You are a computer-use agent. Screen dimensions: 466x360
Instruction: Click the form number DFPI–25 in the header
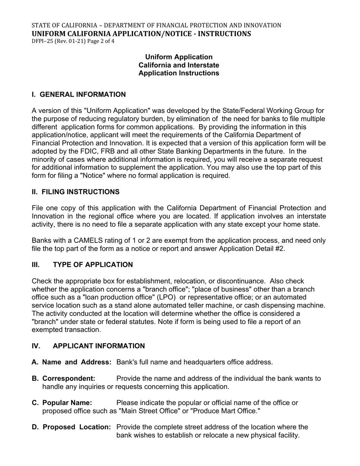tap(42, 41)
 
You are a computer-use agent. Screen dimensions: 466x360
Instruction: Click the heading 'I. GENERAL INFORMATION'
tap(79, 94)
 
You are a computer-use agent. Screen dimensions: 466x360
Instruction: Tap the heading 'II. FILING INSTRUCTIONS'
tap(75, 192)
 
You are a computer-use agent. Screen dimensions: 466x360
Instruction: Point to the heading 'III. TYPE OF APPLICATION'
tap(82, 264)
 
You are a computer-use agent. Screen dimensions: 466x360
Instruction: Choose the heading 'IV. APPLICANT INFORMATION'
tap(88, 346)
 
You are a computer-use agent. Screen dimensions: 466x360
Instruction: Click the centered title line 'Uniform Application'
tap(179, 57)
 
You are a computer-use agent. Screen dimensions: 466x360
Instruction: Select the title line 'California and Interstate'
tap(179, 65)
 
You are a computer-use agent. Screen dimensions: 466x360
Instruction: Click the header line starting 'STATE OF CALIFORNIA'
tap(156, 25)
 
